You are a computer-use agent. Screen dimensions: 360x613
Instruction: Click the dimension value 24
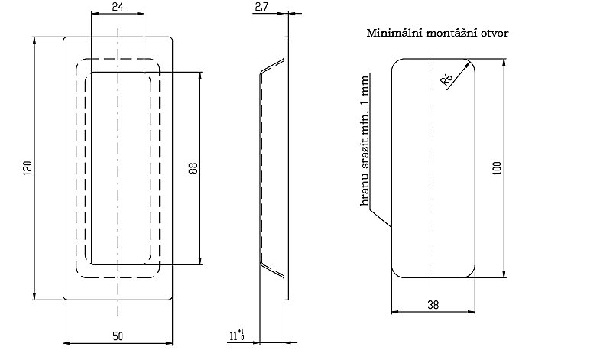[118, 6]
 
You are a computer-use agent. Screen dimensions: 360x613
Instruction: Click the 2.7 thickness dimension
[261, 7]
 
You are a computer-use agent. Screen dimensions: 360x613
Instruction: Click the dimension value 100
[496, 168]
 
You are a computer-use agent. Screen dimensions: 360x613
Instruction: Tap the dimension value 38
[433, 303]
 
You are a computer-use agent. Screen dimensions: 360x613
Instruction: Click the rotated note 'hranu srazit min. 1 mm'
[365, 141]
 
